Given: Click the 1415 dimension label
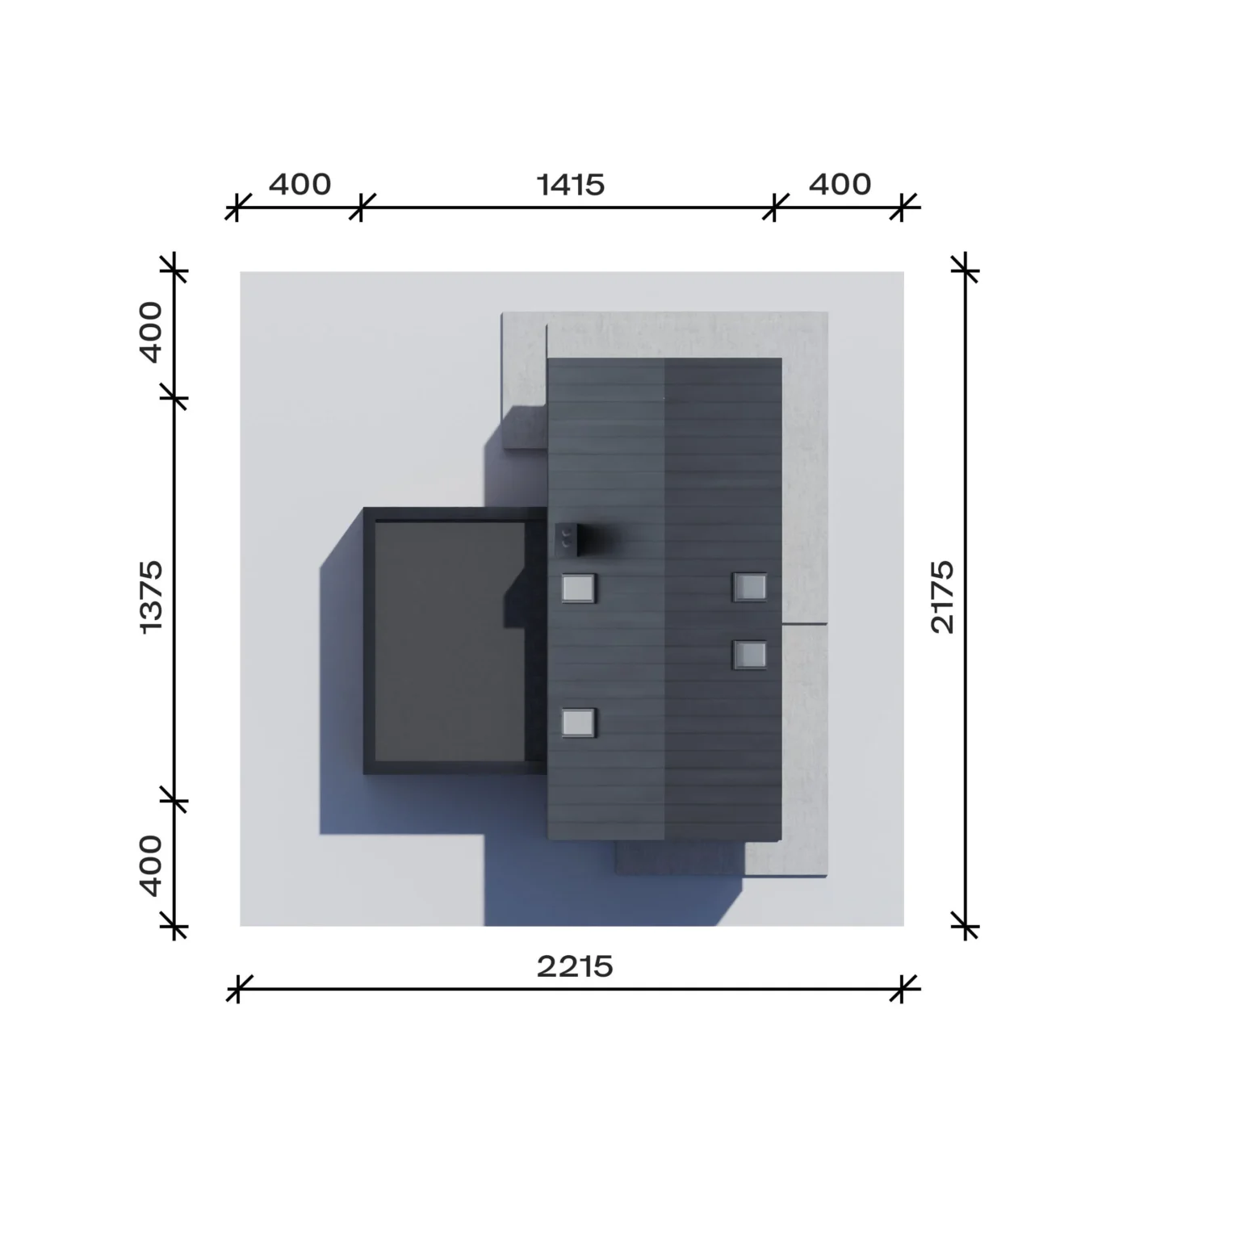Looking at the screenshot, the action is pyautogui.click(x=571, y=185).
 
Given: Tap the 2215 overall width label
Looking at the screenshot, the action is pyautogui.click(x=575, y=966).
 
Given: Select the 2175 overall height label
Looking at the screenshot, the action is pyautogui.click(x=942, y=597).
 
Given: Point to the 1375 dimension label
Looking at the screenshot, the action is pyautogui.click(x=151, y=597).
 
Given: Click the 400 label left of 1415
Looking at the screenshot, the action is pyautogui.click(x=300, y=184).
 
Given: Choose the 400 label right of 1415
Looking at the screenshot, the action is pyautogui.click(x=840, y=184).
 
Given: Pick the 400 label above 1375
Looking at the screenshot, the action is pyautogui.click(x=151, y=332).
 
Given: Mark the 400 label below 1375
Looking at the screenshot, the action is pyautogui.click(x=151, y=865).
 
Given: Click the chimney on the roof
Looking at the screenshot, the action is pyautogui.click(x=566, y=538).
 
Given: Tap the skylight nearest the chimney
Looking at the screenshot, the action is pyautogui.click(x=579, y=588).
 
